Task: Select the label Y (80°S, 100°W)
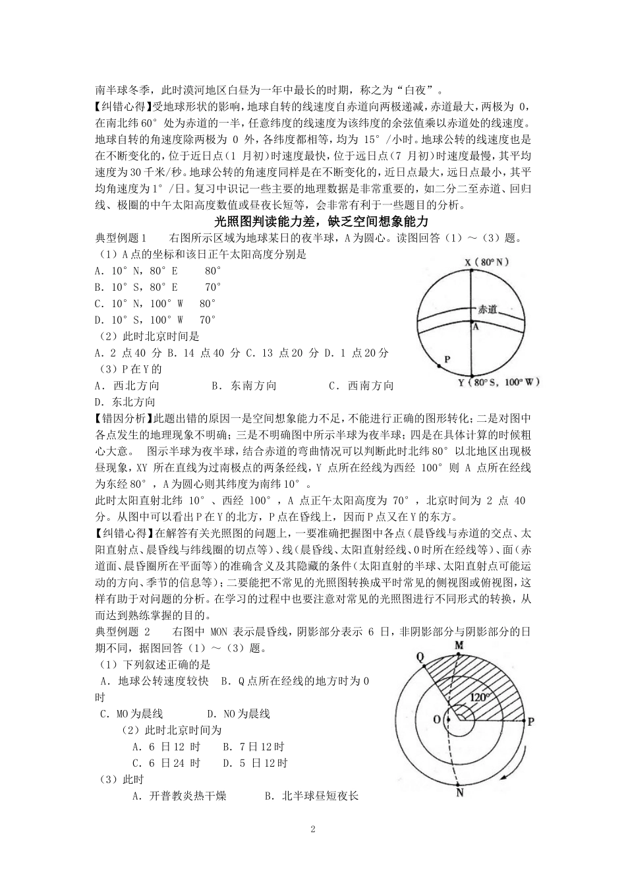click(499, 382)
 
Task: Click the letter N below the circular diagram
click(459, 792)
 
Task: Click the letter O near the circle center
click(436, 719)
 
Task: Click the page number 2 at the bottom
click(313, 829)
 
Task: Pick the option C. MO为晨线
click(131, 714)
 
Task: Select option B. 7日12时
click(254, 747)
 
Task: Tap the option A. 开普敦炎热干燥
click(179, 796)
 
